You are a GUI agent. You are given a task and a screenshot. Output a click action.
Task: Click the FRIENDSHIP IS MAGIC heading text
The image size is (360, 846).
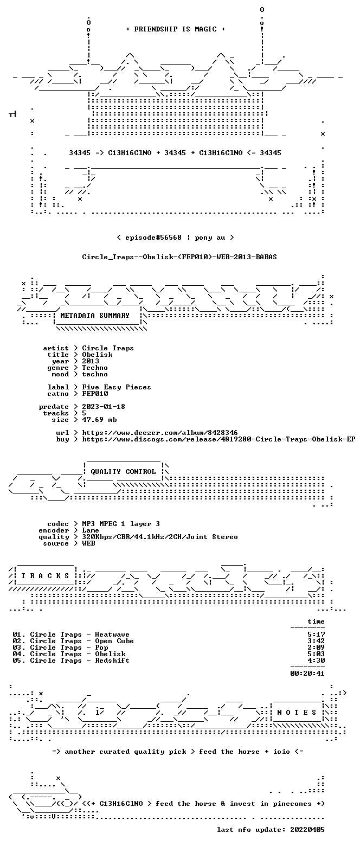[x=175, y=29]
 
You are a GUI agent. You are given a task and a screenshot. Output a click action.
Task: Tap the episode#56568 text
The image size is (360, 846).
[x=153, y=238]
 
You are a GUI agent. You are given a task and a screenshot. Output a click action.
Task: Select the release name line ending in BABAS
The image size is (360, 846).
[x=179, y=257]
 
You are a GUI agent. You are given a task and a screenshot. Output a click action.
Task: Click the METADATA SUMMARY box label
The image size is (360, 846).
[x=95, y=316]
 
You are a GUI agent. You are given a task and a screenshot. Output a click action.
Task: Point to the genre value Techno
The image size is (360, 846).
[x=95, y=368]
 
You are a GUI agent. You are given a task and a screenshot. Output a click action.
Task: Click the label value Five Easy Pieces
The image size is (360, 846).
[x=117, y=387]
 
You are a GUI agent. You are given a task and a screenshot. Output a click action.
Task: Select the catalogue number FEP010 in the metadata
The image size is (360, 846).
[x=95, y=394]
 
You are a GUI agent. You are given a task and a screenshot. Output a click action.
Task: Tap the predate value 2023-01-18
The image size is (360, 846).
[x=104, y=407]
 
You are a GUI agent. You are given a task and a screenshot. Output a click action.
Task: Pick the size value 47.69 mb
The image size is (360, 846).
[x=99, y=420]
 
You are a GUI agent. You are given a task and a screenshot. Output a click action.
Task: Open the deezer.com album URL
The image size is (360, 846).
[x=160, y=433]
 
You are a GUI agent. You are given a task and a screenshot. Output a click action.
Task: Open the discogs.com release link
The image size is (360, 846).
[x=218, y=439]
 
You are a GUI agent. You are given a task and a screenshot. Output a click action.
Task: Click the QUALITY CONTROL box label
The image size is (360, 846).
[x=123, y=472]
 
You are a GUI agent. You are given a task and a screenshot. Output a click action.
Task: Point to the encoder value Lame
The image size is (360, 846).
[x=91, y=530]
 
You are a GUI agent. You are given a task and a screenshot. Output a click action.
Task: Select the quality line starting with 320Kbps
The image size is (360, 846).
[x=160, y=537]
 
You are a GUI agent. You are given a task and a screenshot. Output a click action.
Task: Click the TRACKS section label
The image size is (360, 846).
[x=46, y=576]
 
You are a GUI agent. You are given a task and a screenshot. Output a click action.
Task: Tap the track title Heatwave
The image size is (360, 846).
[x=112, y=634]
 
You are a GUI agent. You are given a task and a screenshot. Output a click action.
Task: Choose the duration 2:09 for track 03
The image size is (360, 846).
[x=316, y=648]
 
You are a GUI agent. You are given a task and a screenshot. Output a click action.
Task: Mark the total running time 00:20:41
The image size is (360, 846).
[x=307, y=674]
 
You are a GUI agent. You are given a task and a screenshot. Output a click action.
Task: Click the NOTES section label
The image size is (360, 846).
[x=297, y=712]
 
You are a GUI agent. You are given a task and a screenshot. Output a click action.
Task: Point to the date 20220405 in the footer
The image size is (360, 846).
[x=307, y=830]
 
